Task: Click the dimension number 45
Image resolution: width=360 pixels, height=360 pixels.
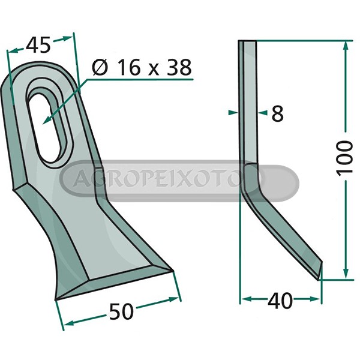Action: (x=38, y=45)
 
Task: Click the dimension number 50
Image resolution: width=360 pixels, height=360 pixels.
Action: (x=121, y=311)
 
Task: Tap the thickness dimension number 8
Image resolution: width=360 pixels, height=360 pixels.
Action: (x=277, y=113)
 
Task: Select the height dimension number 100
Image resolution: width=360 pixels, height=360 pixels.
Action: (x=344, y=158)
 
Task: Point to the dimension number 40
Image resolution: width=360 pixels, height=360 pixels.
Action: (x=280, y=301)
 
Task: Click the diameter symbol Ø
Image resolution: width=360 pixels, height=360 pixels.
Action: (x=100, y=67)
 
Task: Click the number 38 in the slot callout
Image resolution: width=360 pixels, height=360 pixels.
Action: (x=179, y=67)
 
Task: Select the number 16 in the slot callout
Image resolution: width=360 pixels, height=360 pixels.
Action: (x=129, y=67)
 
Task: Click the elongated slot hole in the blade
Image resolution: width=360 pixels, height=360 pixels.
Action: (x=44, y=128)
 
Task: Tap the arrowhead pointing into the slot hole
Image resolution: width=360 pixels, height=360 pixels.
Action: (x=47, y=121)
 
